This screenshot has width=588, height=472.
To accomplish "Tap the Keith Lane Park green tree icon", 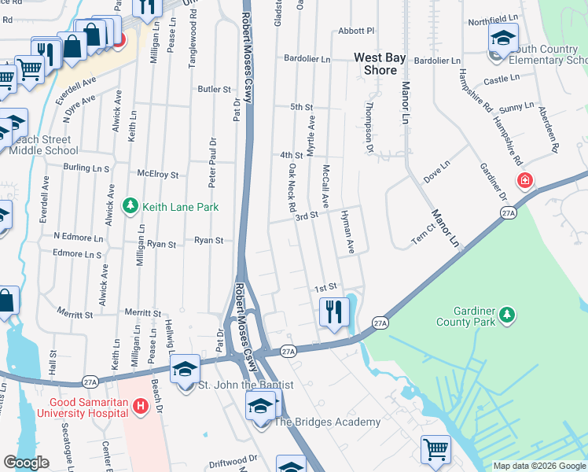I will click(x=130, y=207).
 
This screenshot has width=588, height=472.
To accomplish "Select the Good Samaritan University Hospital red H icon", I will click(x=141, y=406).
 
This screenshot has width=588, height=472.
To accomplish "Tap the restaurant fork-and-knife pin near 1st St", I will click(x=334, y=312).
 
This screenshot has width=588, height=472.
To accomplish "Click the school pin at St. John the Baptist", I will click(x=185, y=370).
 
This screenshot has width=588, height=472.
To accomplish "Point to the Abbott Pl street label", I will click(x=356, y=31).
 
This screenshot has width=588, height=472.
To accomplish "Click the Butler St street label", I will click(x=214, y=90).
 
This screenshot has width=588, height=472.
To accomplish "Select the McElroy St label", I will click(x=158, y=175).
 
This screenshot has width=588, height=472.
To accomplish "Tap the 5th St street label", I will click(x=301, y=107).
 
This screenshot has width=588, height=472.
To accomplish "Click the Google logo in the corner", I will click(x=27, y=462).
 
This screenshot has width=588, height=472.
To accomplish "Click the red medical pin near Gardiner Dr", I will click(x=525, y=181).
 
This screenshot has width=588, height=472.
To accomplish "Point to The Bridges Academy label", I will click(x=326, y=422).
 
